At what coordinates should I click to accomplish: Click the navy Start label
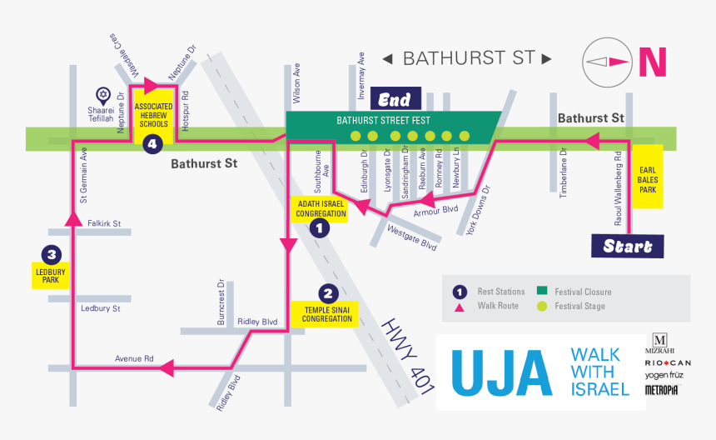point(627,246)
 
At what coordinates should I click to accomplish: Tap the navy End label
point(395,100)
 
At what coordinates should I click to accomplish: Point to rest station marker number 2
point(328,292)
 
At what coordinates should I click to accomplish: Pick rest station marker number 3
point(52,254)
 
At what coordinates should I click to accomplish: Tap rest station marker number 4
point(152,144)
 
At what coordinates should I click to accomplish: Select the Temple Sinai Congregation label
point(327,314)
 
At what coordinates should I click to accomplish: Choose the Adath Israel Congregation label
point(321,208)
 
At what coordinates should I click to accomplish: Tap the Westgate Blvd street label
point(412,239)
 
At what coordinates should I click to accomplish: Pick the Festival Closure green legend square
point(542,292)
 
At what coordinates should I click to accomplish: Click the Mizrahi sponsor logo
point(659,343)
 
